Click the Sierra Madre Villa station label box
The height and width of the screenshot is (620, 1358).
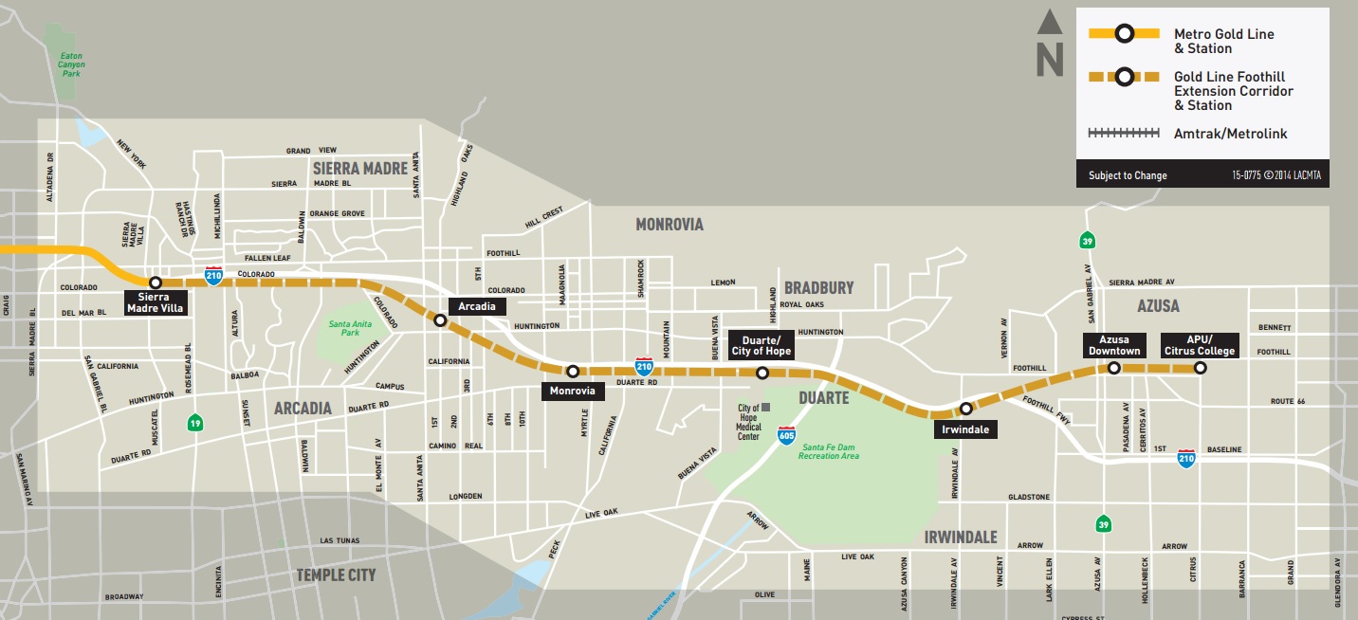[x=154, y=302]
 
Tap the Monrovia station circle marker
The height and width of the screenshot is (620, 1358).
[x=572, y=371]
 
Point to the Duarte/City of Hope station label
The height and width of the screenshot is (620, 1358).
[x=760, y=346]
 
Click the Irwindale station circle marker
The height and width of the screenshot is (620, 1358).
[x=965, y=409]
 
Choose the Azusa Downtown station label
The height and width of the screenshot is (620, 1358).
[x=1113, y=345]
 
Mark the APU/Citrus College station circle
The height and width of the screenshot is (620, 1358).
[x=1200, y=368]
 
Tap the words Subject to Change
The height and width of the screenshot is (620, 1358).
[x=1128, y=175]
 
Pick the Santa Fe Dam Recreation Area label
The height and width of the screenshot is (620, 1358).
[x=828, y=451]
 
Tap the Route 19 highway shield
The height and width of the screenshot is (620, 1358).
[x=194, y=421]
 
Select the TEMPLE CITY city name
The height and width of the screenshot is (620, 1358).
[x=336, y=574]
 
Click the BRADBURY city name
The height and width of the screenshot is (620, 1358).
[x=818, y=287]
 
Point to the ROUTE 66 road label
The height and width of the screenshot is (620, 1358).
[x=1287, y=402]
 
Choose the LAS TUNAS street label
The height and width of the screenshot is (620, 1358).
[x=339, y=540]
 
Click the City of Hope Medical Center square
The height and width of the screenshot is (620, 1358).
[x=765, y=408]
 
